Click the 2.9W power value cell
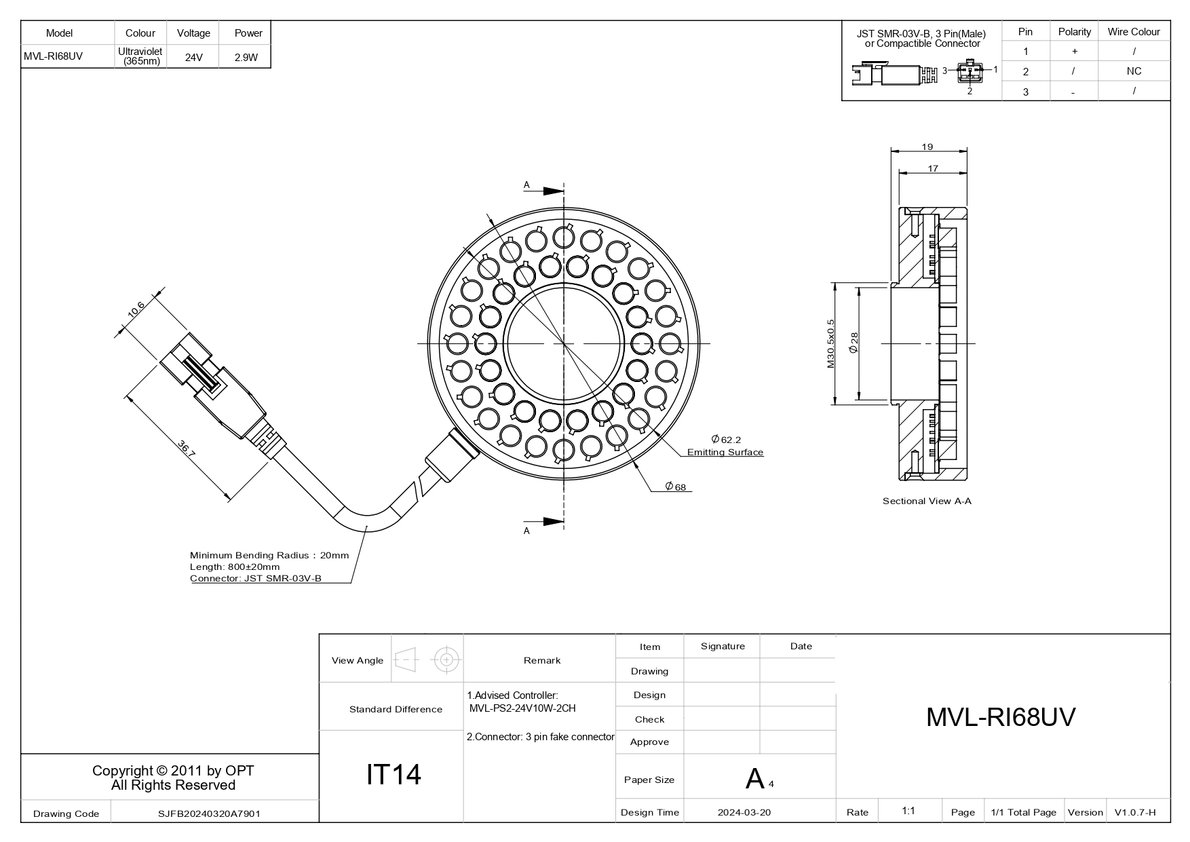tap(246, 58)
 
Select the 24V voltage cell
tap(193, 58)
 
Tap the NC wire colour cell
tap(1134, 71)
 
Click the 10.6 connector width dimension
tap(136, 309)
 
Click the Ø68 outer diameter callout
tap(675, 487)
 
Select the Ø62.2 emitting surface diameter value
tap(726, 440)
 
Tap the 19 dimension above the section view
tap(927, 147)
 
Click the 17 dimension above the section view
tap(933, 168)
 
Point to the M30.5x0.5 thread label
tap(830, 344)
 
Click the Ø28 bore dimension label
tap(853, 343)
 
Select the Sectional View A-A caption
tap(927, 501)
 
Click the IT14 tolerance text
tap(394, 774)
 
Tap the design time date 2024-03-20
tap(744, 812)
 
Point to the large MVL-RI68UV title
tap(1001, 717)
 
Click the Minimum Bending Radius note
tap(269, 555)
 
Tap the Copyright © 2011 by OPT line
tap(173, 771)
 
